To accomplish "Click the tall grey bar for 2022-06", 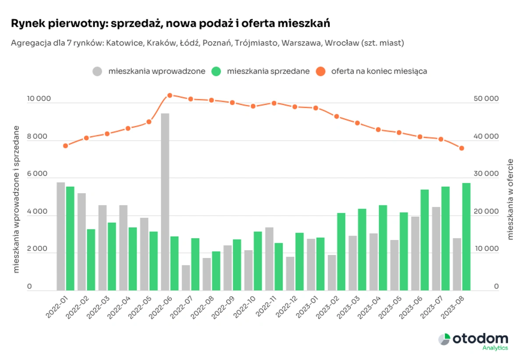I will point(165,201).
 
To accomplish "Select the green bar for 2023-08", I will point(466,236).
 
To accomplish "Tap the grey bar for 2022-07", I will point(186,278).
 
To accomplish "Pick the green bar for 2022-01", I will point(70,238).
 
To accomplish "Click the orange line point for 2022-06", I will point(170,95).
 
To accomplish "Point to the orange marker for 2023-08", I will point(462,148).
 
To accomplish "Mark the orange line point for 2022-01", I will point(65,146).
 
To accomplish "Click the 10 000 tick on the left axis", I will point(39,99).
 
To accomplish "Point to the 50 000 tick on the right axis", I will point(487,99).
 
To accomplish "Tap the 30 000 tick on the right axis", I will point(487,174).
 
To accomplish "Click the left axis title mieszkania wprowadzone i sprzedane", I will point(17,199).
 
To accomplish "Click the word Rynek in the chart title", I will point(25,24).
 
